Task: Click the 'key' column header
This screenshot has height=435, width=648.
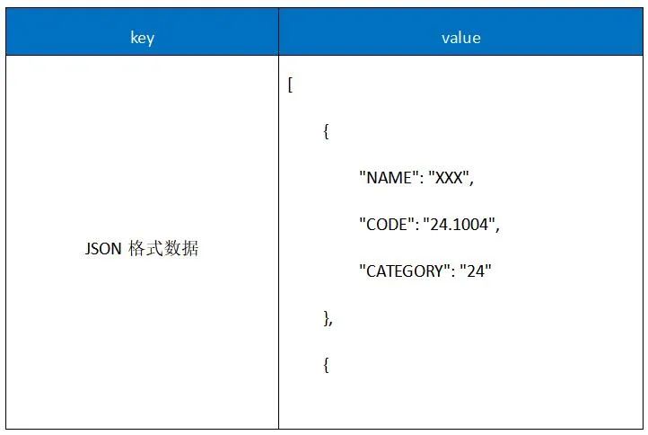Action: [x=142, y=38]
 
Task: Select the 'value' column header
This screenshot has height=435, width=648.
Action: [x=461, y=38]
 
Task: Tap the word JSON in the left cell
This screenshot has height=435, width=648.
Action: [x=103, y=249]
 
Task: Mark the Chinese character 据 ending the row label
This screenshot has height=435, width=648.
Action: [x=189, y=249]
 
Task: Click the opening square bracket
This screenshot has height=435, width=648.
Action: [x=290, y=85]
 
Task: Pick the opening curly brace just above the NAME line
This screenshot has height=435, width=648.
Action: [x=326, y=132]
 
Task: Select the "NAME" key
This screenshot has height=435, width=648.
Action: [x=386, y=178]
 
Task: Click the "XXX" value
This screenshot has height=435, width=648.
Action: [x=447, y=178]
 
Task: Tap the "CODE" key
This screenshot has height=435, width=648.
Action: [x=386, y=225]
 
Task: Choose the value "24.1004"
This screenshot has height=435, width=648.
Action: [x=460, y=225]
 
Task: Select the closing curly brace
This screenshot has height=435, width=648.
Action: [x=326, y=318]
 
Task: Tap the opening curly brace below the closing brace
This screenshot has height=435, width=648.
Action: [x=326, y=365]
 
